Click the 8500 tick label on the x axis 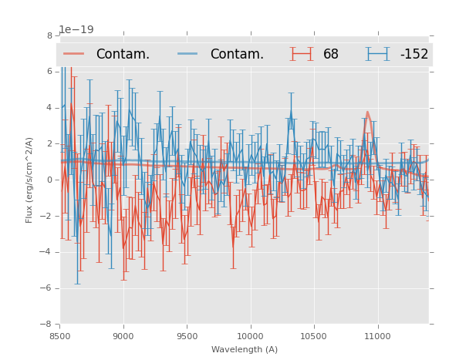(x=60, y=336)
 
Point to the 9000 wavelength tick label (x=123, y=336)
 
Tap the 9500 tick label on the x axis (x=187, y=336)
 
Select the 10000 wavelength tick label (x=250, y=336)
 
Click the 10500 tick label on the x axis (x=313, y=336)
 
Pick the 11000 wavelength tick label (x=376, y=336)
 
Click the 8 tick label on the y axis (x=49, y=35)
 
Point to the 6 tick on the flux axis (x=49, y=72)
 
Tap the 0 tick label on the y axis (x=49, y=180)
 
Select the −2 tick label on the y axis (x=47, y=217)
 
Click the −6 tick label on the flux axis (x=47, y=288)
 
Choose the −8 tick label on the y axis (x=47, y=325)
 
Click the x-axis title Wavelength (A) (x=245, y=350)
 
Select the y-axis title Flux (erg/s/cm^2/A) (x=29, y=180)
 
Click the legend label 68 (x=331, y=55)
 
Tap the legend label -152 (x=414, y=55)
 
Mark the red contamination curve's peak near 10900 (x=367, y=113)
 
